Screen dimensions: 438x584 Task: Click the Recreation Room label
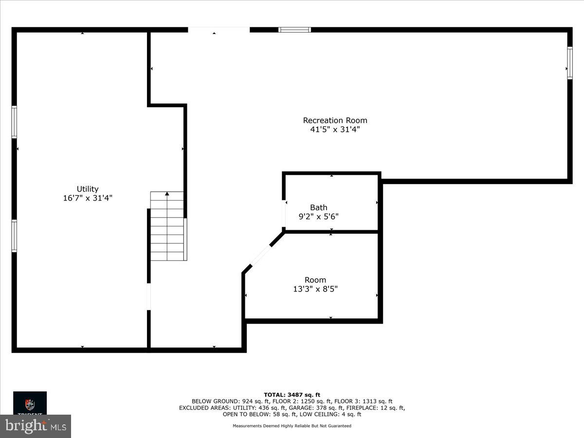[335, 120]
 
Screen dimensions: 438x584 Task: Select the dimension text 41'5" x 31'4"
[335, 129]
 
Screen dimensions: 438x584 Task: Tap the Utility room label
[88, 189]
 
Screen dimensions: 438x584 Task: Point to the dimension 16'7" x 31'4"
[88, 198]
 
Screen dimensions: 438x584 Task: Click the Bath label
[319, 207]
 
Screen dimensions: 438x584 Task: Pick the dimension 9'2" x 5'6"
[318, 217]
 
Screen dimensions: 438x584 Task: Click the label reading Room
[315, 280]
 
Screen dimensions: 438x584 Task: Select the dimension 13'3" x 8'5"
[315, 289]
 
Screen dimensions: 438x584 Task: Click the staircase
[167, 226]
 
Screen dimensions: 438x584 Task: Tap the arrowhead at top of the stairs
[167, 194]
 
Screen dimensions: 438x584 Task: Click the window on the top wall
[294, 30]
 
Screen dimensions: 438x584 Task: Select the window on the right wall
[569, 63]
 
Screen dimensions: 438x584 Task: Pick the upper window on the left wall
[14, 122]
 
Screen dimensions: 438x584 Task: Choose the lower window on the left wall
[14, 236]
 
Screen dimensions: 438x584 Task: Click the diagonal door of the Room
[261, 256]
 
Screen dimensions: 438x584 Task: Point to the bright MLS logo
[35, 426]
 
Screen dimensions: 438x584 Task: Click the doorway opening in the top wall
[219, 30]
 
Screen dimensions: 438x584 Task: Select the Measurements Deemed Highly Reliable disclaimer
[292, 426]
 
